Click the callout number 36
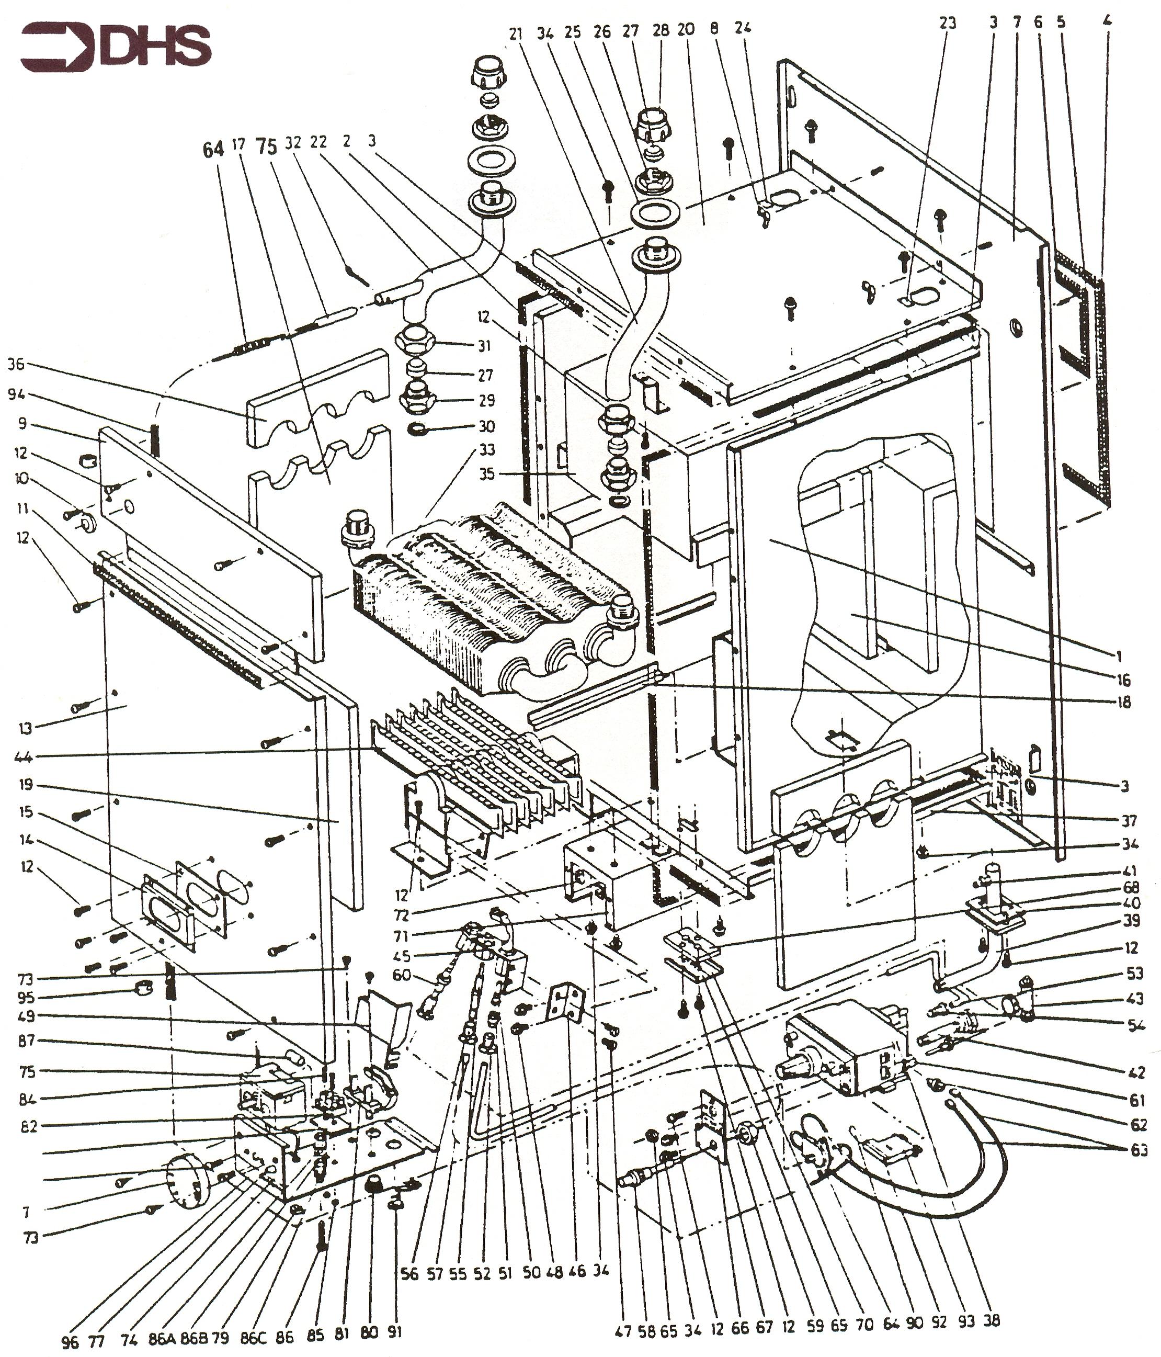click(x=16, y=364)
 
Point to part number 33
click(x=486, y=450)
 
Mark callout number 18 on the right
click(x=1124, y=703)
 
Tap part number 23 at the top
click(x=948, y=23)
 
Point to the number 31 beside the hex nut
click(x=485, y=346)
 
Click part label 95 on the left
click(x=26, y=999)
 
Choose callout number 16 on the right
click(x=1124, y=680)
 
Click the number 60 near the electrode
click(x=402, y=975)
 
